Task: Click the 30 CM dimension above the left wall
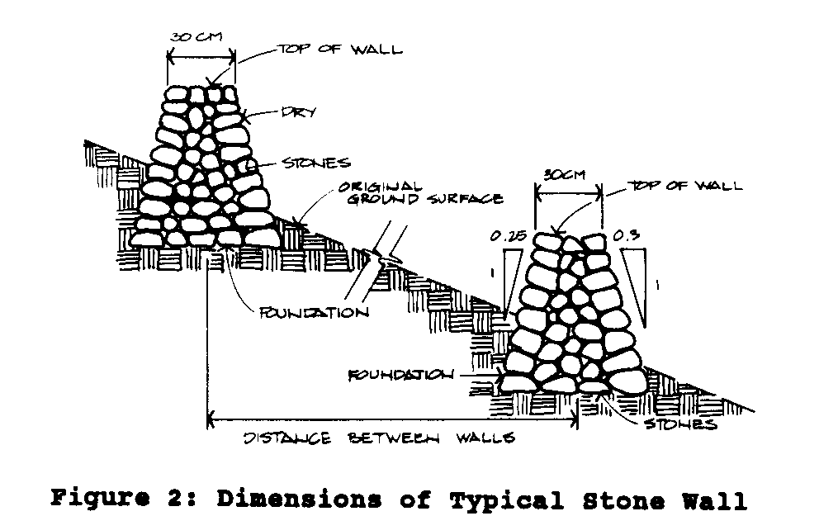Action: (x=192, y=39)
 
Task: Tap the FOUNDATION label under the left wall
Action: (x=313, y=313)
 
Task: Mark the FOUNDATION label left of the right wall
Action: (x=400, y=375)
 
